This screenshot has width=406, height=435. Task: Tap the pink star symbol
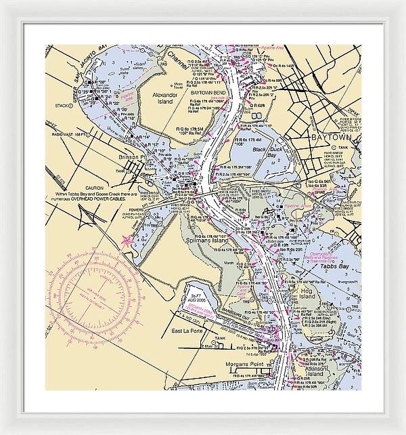[x=127, y=239]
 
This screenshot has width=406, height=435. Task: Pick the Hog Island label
[x=307, y=293]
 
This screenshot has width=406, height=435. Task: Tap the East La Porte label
[x=187, y=331]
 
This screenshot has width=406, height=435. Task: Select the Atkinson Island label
[x=314, y=370]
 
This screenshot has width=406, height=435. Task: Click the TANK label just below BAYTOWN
[x=344, y=147]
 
